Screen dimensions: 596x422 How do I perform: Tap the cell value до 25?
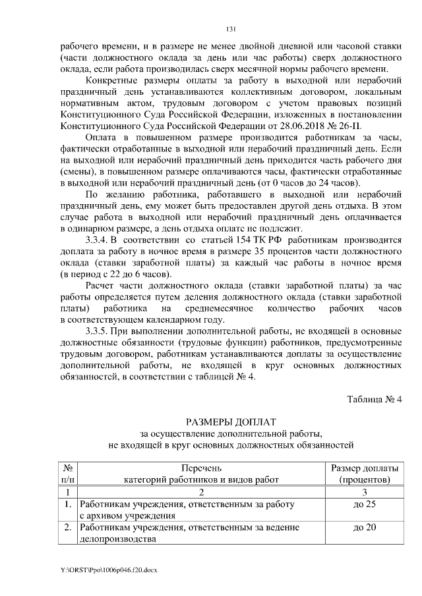pos(364,504)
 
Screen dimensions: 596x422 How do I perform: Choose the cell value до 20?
pos(364,528)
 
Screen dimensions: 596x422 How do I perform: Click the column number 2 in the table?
pos(201,491)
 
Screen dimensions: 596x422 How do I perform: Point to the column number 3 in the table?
pos(364,491)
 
